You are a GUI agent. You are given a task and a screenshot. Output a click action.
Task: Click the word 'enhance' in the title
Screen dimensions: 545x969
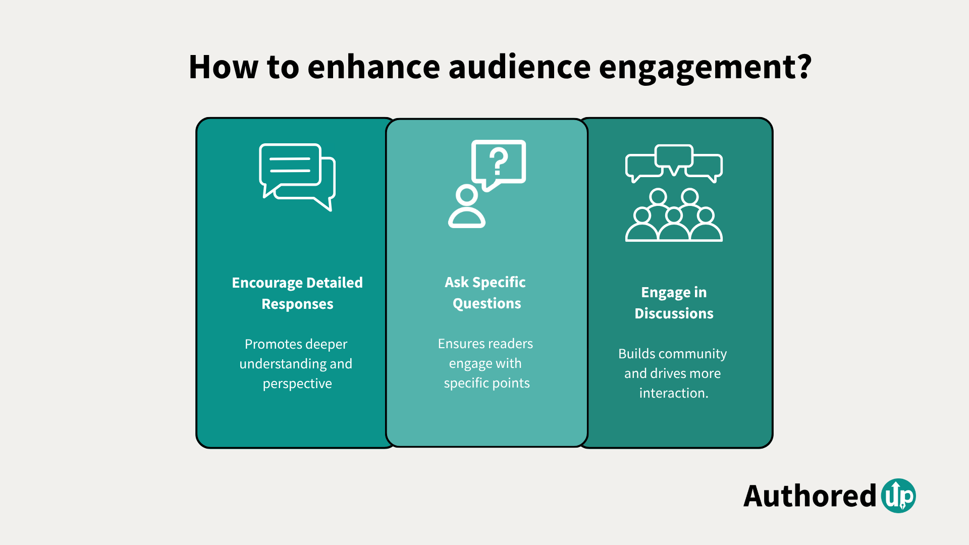pos(373,67)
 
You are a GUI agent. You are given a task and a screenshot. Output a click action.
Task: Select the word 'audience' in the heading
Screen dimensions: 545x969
pos(519,67)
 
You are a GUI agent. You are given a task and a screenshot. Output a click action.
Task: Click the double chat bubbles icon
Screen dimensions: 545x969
pos(297,177)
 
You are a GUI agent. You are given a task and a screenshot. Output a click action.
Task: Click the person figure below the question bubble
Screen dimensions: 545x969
pos(467,207)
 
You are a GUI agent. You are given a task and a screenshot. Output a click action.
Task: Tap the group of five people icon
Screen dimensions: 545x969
pos(674,216)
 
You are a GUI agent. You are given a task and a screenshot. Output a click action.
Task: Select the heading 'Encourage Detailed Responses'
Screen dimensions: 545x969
pos(297,293)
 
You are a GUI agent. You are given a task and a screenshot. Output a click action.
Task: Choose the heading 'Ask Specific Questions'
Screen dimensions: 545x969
pos(486,293)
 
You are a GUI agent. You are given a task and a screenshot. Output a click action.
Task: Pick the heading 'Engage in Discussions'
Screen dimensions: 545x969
pos(674,303)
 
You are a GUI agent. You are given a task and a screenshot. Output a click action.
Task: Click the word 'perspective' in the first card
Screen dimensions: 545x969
pos(297,384)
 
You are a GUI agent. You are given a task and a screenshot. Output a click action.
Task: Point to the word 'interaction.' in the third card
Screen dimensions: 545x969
pos(674,393)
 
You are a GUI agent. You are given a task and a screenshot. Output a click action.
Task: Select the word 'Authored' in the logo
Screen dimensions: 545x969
pos(810,496)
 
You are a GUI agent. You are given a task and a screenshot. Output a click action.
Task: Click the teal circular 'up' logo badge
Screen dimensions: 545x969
pos(898,496)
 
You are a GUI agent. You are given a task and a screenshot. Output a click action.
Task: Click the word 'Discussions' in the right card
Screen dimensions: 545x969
pos(674,313)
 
